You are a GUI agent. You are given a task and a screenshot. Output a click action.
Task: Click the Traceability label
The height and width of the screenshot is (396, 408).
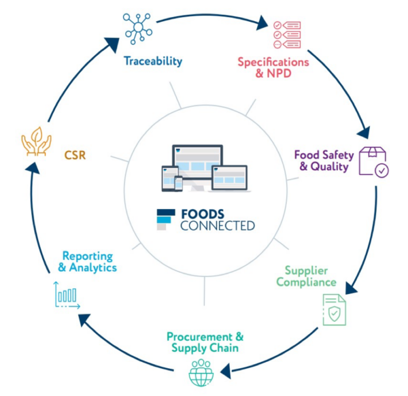click(153, 61)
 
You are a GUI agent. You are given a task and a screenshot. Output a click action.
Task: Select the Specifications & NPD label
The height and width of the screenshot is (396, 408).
click(273, 68)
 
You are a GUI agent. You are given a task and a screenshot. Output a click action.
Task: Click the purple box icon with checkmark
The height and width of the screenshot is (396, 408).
click(373, 161)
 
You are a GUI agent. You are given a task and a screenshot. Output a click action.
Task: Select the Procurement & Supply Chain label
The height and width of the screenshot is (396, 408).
click(204, 342)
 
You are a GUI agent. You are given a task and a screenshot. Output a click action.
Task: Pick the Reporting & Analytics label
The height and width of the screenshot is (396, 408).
click(88, 262)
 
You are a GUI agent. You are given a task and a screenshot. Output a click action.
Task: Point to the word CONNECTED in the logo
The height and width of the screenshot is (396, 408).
click(218, 226)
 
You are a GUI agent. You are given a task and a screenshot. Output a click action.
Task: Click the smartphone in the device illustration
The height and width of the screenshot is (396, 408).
click(179, 183)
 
